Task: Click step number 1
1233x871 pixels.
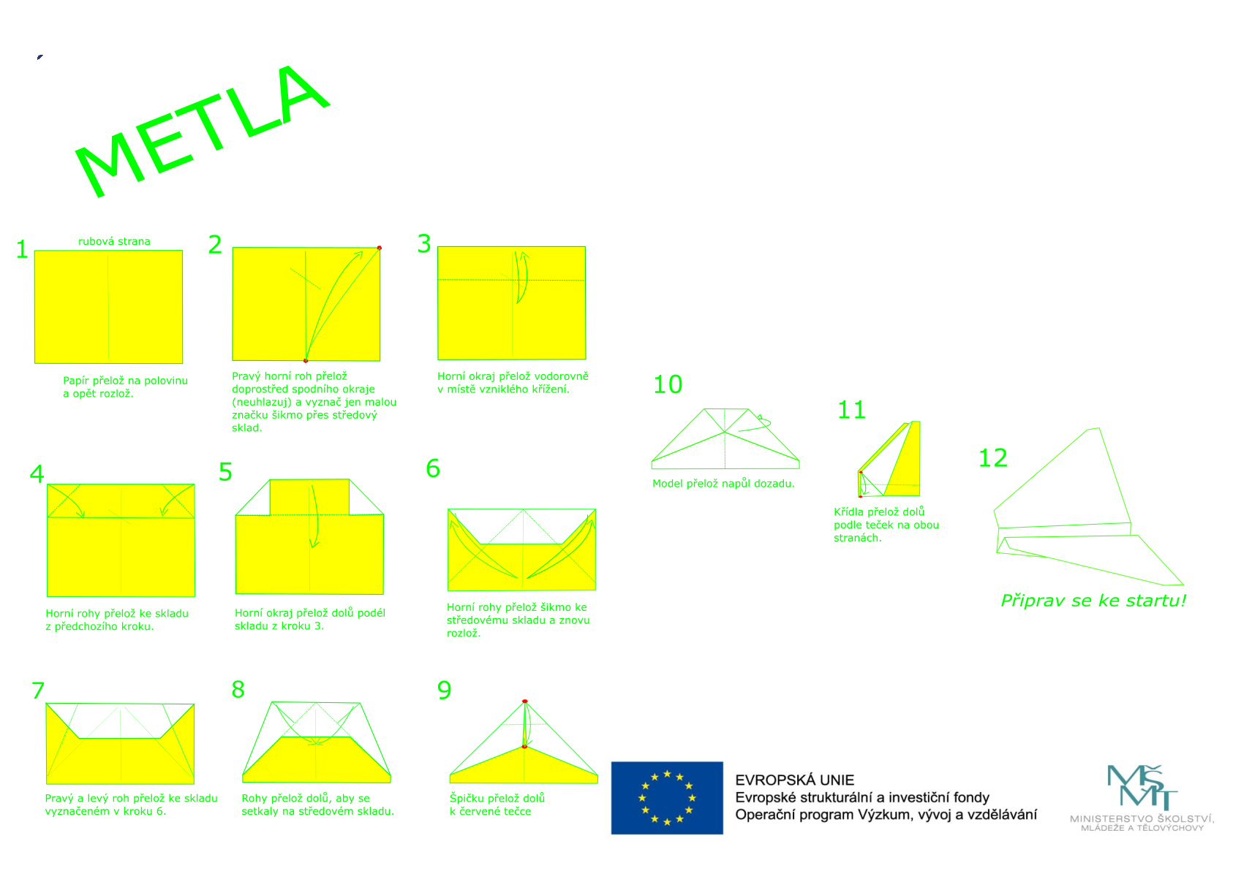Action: click(x=22, y=250)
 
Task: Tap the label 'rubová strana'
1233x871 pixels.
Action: click(x=114, y=241)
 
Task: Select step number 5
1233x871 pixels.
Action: click(x=225, y=472)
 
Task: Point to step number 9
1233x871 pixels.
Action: click(x=444, y=690)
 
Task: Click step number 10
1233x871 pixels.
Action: click(x=667, y=384)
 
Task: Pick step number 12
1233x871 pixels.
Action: click(x=992, y=458)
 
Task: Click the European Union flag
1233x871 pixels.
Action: click(x=666, y=798)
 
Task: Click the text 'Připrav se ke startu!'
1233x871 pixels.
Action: click(x=1093, y=601)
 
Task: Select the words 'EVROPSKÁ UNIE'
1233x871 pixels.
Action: click(x=794, y=780)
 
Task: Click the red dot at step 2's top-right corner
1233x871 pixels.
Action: click(x=379, y=248)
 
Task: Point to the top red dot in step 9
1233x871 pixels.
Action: click(x=524, y=701)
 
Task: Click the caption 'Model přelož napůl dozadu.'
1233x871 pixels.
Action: click(x=723, y=484)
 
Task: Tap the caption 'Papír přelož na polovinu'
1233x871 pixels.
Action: click(x=125, y=380)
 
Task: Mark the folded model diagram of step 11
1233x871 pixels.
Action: click(x=889, y=460)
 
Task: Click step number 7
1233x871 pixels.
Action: click(x=38, y=691)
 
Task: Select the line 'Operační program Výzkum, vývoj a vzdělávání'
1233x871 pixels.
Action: click(x=886, y=815)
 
